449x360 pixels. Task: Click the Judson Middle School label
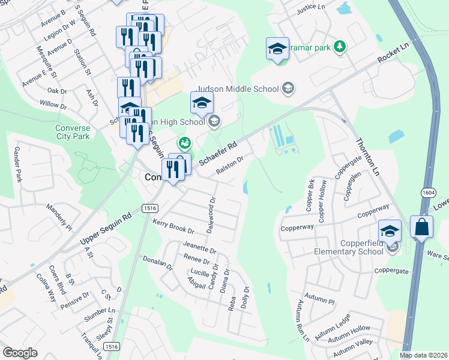pos(238,89)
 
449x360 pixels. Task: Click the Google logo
pos(20,353)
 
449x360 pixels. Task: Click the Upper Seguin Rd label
pos(106,231)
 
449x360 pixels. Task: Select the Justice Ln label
pos(311,9)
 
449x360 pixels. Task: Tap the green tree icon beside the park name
pos(340,47)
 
